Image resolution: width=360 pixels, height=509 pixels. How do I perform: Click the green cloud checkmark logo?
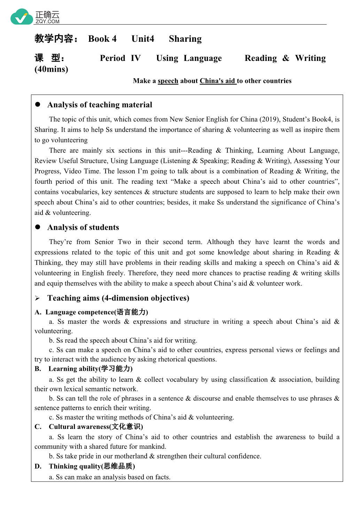pos(22,17)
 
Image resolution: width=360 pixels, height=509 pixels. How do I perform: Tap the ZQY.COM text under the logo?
pos(47,22)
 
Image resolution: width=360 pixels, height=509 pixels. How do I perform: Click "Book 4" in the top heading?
pos(102,39)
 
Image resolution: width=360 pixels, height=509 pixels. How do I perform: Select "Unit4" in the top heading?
pos(143,39)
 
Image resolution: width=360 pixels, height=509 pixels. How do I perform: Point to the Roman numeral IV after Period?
pos(135,58)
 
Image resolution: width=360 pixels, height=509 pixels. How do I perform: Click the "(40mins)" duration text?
pos(51,69)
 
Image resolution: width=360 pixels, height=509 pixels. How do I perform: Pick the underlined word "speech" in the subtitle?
pos(168,81)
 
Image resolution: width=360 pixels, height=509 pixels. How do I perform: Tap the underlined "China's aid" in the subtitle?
pos(218,81)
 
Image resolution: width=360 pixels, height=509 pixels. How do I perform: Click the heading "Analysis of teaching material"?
pos(100,105)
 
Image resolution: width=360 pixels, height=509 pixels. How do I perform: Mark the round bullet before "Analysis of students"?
pos(38,227)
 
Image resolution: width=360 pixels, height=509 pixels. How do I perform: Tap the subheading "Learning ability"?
pos(74,369)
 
